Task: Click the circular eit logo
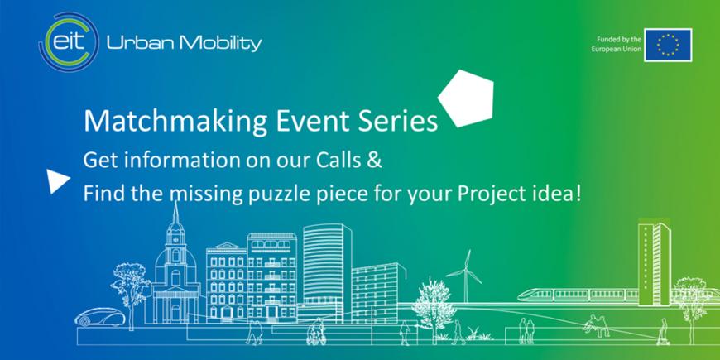69,42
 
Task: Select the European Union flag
668,45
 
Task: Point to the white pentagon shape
466,98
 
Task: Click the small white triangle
57,181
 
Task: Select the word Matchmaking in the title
175,122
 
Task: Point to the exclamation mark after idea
578,194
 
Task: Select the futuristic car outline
100,317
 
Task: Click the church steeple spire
175,215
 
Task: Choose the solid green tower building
655,264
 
